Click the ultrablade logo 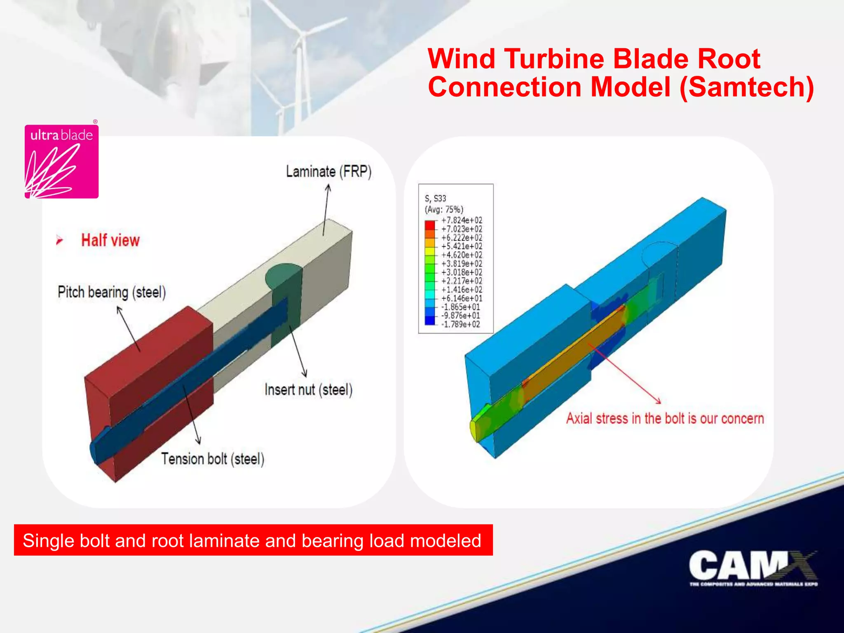coord(61,162)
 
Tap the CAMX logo coord(753,567)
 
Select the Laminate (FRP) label coord(328,171)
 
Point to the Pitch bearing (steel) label coord(112,292)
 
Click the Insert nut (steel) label coord(308,389)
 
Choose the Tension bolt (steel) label coord(213,459)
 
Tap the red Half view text coord(110,240)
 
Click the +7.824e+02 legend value coord(462,220)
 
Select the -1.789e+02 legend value coord(461,324)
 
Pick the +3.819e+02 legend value coord(462,264)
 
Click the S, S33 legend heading coord(435,198)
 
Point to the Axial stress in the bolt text coord(664,419)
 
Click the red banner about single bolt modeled coord(253,540)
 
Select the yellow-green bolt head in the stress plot coord(478,427)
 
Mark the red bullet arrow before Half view coord(60,240)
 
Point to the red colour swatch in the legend coord(430,225)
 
